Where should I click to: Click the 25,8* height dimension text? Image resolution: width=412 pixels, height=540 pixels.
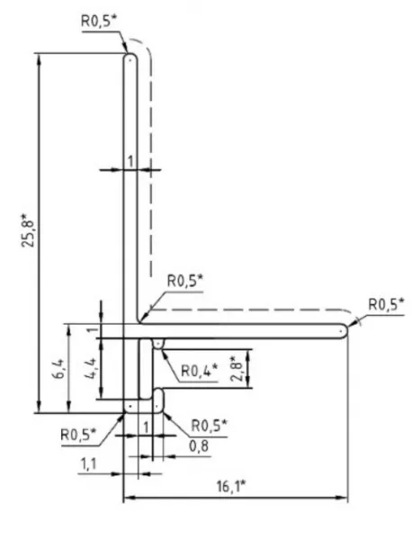[x=28, y=230]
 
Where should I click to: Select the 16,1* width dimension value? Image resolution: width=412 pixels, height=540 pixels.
[x=231, y=487]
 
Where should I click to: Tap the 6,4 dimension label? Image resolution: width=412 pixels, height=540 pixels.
[x=58, y=369]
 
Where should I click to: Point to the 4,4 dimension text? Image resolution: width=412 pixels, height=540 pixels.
[x=91, y=369]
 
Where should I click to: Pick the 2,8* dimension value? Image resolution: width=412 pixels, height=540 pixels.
[x=237, y=369]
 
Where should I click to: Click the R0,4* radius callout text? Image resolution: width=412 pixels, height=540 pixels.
[x=200, y=371]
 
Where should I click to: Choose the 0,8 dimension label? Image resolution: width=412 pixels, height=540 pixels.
[x=199, y=446]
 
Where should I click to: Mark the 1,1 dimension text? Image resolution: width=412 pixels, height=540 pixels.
[x=89, y=464]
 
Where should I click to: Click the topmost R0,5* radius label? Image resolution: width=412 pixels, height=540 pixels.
[x=99, y=21]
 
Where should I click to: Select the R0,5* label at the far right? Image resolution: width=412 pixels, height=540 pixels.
[x=386, y=304]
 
